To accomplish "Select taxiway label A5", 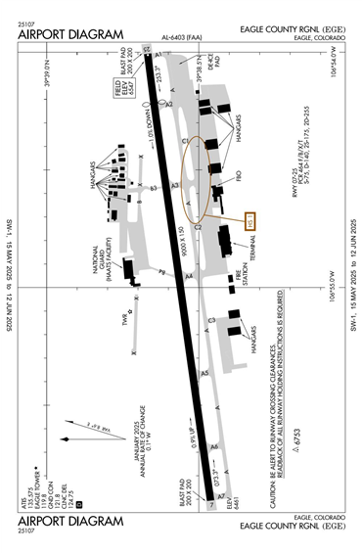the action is tap(204, 373).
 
